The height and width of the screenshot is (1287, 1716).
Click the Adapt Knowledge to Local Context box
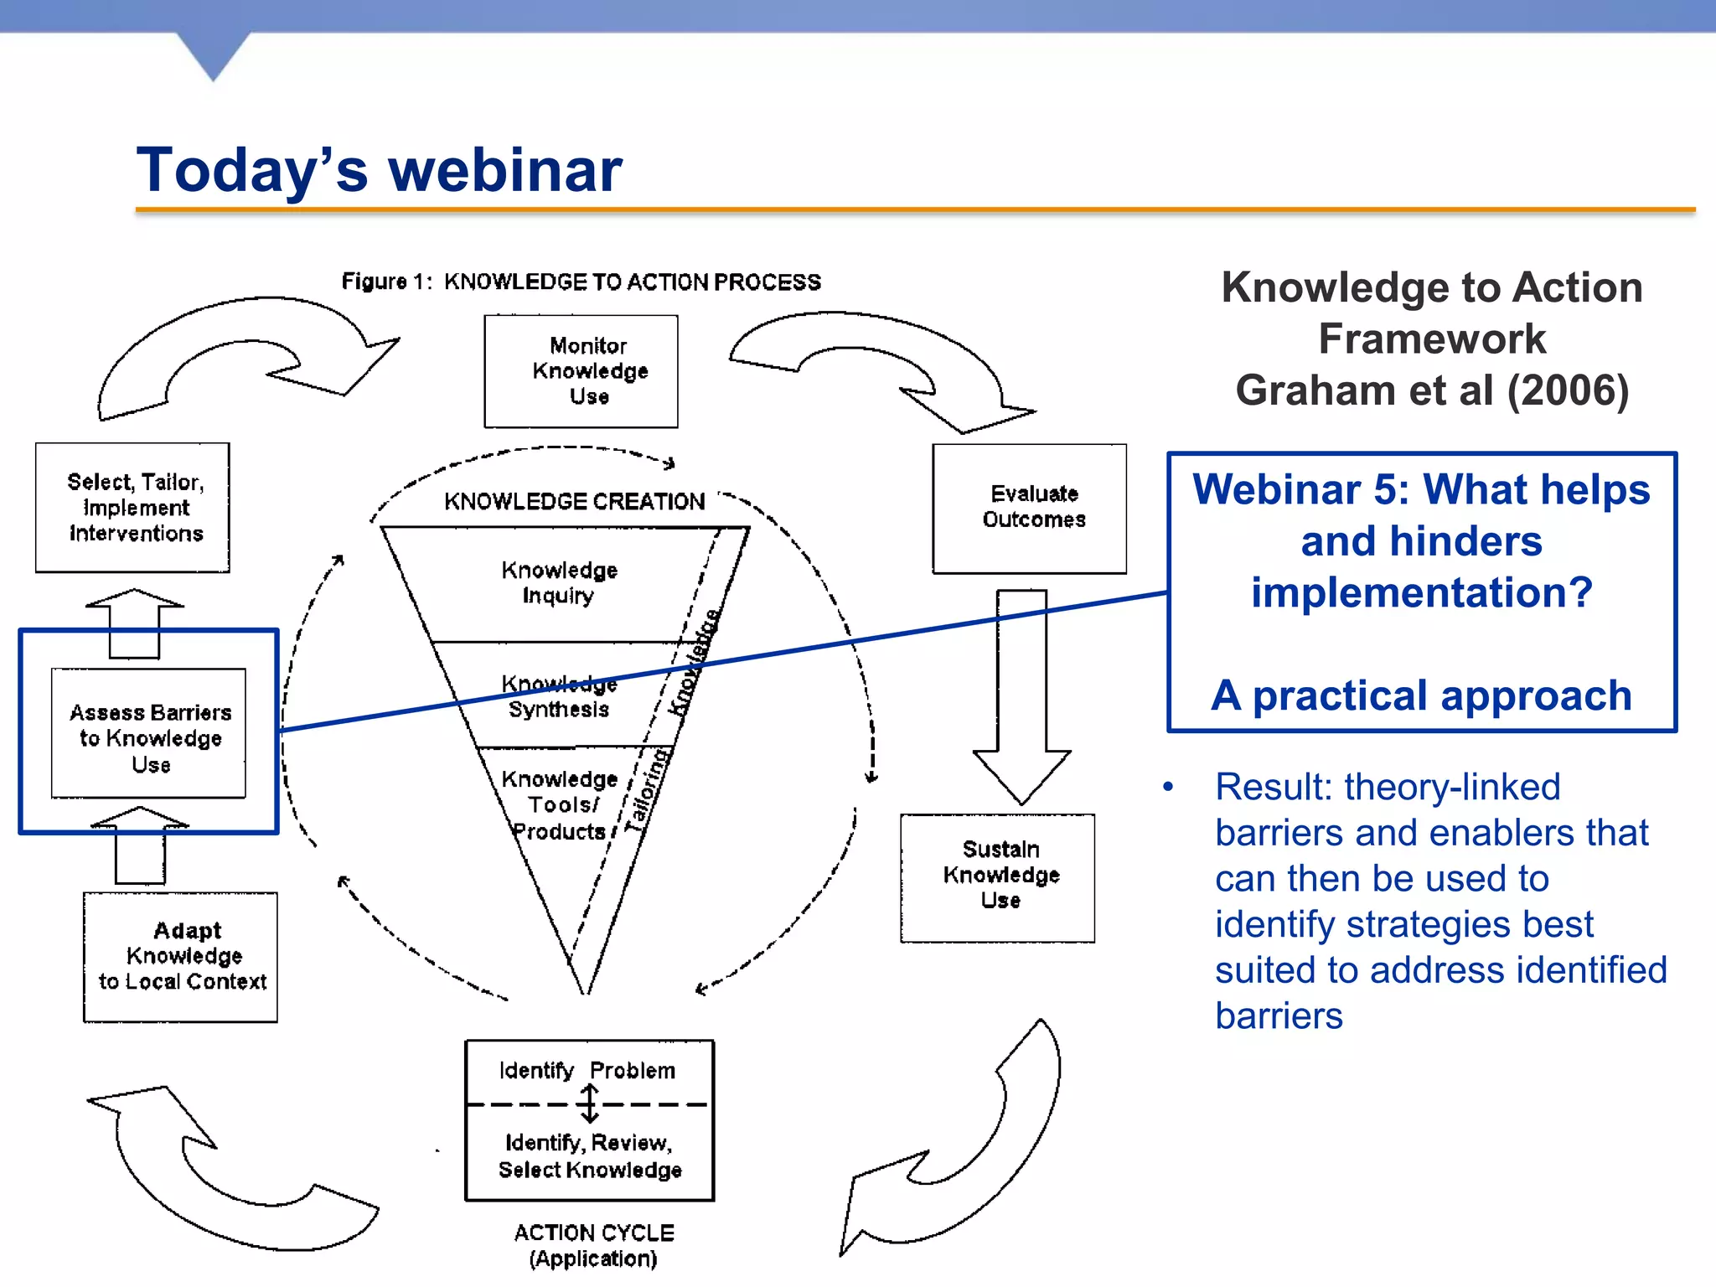[180, 957]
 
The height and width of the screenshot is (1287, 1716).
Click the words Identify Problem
[587, 1071]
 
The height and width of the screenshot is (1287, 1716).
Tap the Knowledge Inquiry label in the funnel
[559, 582]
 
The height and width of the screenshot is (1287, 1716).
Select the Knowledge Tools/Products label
[559, 805]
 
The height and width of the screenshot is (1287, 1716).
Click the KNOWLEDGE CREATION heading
[574, 502]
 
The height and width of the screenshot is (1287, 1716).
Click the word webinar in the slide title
[504, 170]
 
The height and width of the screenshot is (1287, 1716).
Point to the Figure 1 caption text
[581, 282]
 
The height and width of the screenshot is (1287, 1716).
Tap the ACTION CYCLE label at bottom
[593, 1233]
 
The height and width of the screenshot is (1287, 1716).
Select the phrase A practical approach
[1421, 695]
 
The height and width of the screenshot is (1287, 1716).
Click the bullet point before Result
[1168, 787]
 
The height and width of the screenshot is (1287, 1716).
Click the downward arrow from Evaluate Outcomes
[1021, 695]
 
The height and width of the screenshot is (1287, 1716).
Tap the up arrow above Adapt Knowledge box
[140, 845]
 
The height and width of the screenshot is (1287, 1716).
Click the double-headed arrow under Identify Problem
[589, 1104]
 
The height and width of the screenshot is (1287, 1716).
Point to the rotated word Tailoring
[648, 791]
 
